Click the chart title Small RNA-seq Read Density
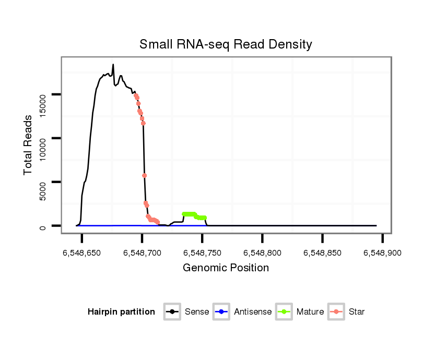(226, 44)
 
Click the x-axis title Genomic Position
(226, 268)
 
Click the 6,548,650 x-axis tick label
(82, 253)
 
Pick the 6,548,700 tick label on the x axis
(142, 253)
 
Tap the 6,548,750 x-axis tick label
(202, 253)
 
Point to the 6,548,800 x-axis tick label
(262, 253)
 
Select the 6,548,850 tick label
(322, 253)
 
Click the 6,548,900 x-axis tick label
(382, 253)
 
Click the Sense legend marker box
(172, 312)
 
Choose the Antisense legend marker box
(221, 312)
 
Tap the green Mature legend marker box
(284, 312)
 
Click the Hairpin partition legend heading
(121, 312)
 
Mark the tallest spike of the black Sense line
(113, 65)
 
